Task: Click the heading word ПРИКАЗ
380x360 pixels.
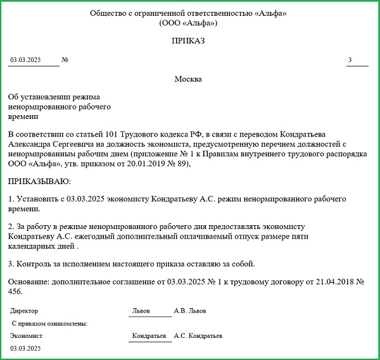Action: [188, 41]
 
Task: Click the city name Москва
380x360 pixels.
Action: [188, 79]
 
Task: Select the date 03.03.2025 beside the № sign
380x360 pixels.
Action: [25, 60]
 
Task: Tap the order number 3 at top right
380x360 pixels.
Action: [349, 60]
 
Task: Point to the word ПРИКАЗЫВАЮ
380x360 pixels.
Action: [39, 182]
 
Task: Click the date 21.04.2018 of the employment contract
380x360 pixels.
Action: [316, 281]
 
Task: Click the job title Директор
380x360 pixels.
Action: [25, 311]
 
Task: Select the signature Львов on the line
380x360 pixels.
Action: [141, 311]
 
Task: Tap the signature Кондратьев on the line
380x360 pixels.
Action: [149, 337]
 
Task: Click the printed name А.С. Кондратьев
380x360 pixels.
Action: [198, 337]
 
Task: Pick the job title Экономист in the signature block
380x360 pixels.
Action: [27, 337]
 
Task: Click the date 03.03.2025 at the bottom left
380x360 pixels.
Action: [25, 349]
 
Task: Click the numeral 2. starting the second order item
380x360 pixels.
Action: [11, 227]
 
